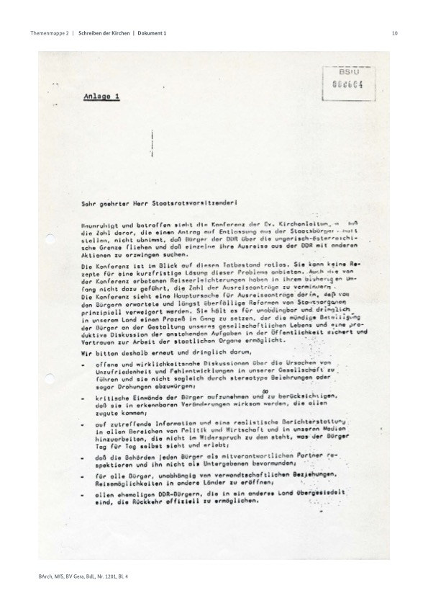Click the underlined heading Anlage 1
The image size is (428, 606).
(101, 96)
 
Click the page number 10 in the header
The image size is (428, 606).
(395, 33)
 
